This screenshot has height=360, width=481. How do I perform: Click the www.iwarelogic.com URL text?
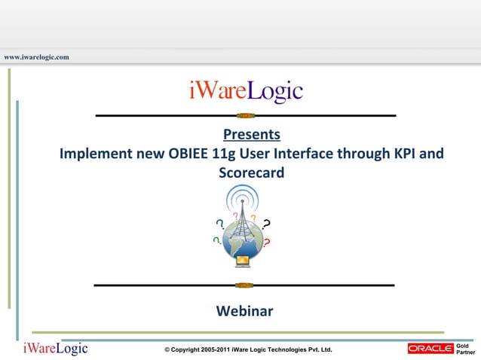point(36,57)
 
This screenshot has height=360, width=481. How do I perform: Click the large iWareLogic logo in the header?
point(246,92)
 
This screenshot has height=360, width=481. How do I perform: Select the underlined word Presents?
point(252,136)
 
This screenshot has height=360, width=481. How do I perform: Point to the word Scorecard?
point(251,173)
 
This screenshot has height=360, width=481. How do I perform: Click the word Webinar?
point(244,310)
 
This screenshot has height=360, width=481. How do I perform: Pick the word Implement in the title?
point(96,154)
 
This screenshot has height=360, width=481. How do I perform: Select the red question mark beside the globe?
point(267,243)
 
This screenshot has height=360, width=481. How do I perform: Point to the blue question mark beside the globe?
point(219,224)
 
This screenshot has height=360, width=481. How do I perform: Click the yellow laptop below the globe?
point(243,261)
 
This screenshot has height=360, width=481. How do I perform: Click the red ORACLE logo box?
point(430,348)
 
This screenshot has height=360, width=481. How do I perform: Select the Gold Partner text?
point(466,348)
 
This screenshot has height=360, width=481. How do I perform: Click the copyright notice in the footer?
point(248,350)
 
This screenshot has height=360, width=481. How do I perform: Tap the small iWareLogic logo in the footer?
point(55,348)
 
